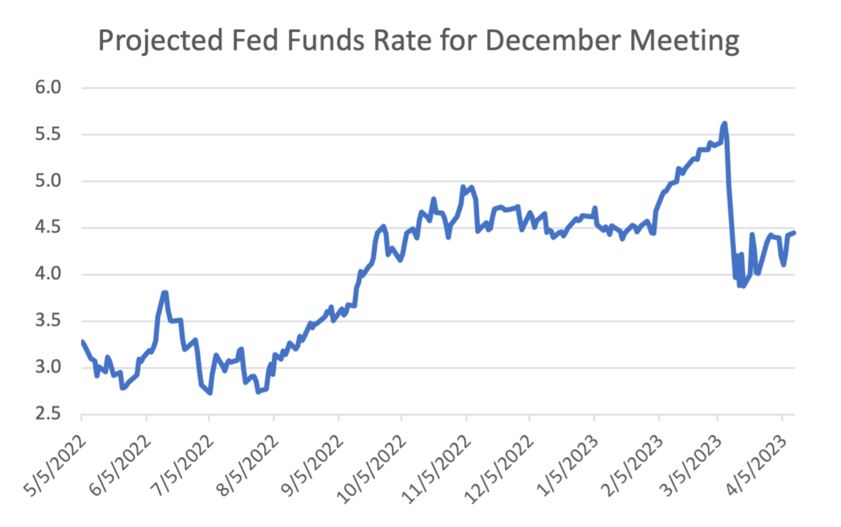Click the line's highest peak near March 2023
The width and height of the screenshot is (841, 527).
click(x=724, y=123)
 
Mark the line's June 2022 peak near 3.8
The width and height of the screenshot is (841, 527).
click(x=164, y=293)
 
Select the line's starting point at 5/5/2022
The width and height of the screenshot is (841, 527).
click(x=82, y=341)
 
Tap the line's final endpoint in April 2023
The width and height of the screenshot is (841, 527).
click(x=793, y=232)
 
